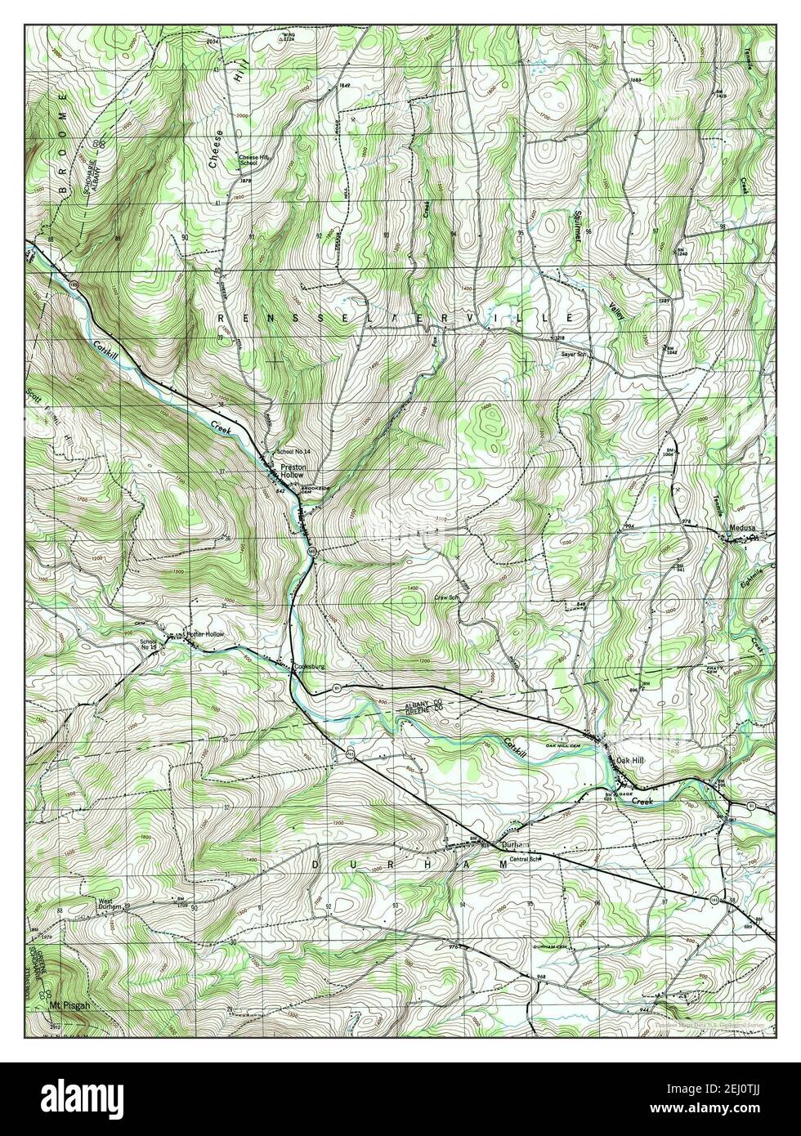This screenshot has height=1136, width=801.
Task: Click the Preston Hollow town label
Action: (292, 471)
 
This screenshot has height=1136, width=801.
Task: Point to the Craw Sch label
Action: (445, 598)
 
